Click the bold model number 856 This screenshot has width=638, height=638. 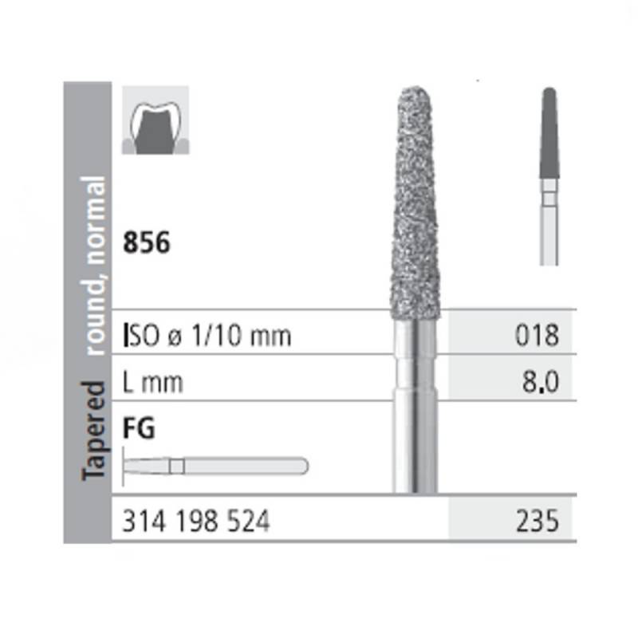[147, 242]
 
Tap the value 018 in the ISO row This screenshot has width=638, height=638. [537, 335]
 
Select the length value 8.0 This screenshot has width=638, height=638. [541, 382]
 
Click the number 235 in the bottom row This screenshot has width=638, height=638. [538, 522]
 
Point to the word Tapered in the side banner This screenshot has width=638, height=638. [94, 431]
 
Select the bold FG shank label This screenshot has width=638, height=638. [139, 428]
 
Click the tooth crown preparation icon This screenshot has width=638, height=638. [156, 120]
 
